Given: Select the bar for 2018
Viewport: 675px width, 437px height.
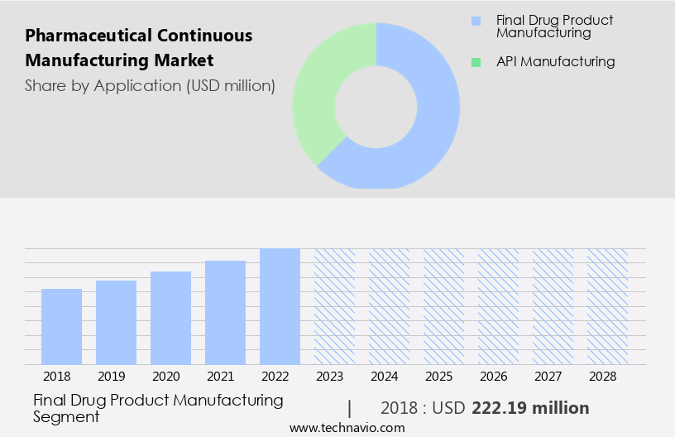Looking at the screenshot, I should pyautogui.click(x=61, y=327).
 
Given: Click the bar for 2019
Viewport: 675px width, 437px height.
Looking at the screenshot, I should pyautogui.click(x=116, y=323).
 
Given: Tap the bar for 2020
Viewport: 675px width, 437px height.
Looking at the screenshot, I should pyautogui.click(x=170, y=318).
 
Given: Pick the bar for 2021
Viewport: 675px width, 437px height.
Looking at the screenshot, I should pyautogui.click(x=225, y=313).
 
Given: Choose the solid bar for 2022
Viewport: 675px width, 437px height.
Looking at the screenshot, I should pyautogui.click(x=280, y=306).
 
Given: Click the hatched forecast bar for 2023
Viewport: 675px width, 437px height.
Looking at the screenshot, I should pyautogui.click(x=334, y=306).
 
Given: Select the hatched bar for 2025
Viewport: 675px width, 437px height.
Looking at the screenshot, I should pyautogui.click(x=443, y=306).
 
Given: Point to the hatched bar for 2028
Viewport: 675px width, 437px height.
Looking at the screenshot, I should pyautogui.click(x=607, y=306).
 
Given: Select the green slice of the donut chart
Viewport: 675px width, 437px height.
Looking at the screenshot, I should pyautogui.click(x=318, y=91).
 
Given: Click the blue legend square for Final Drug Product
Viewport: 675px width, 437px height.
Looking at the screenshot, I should pyautogui.click(x=475, y=21).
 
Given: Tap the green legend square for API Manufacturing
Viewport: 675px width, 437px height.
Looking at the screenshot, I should pyautogui.click(x=475, y=62).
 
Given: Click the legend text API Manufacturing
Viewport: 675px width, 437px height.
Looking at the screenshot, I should pyautogui.click(x=555, y=61).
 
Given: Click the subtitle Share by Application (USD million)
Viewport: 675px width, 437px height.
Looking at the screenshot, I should pyautogui.click(x=150, y=85).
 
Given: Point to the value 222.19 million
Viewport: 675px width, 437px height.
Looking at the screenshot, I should pyautogui.click(x=530, y=408).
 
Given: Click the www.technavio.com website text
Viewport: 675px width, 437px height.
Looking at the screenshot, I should pyautogui.click(x=347, y=428).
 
